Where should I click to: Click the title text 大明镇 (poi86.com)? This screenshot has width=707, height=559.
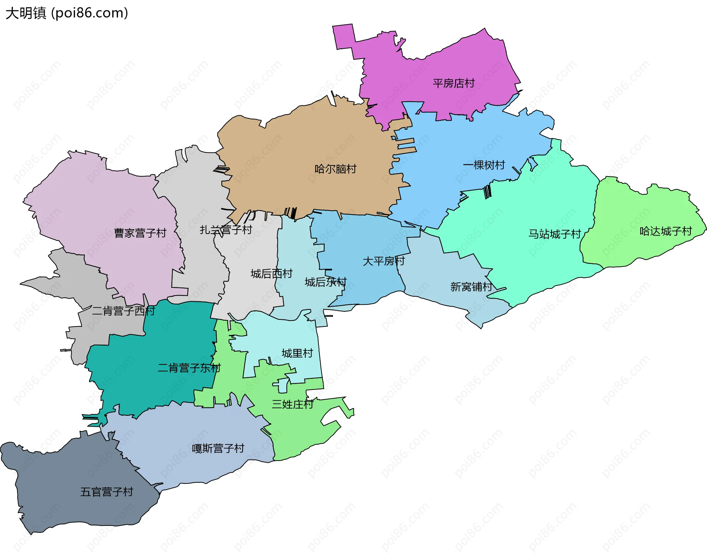[x=67, y=13]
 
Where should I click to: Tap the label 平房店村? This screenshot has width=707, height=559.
[x=454, y=83]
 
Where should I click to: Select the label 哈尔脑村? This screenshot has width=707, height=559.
[x=335, y=169]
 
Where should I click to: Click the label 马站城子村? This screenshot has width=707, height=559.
[x=555, y=234]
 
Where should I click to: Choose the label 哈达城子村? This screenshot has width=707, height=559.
[x=666, y=231]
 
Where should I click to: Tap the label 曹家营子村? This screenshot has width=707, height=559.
[x=140, y=233]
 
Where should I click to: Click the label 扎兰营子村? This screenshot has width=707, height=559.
[x=226, y=230]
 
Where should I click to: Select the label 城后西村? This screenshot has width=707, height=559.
[x=271, y=273]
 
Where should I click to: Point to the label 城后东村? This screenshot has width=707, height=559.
[x=326, y=282]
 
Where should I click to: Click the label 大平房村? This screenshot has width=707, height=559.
[x=384, y=261]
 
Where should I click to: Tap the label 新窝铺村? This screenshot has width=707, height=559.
[x=471, y=286]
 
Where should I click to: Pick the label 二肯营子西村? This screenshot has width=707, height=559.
[x=123, y=311]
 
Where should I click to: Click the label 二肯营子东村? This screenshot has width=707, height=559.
[x=189, y=367]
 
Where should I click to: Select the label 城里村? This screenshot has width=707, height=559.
[x=297, y=353]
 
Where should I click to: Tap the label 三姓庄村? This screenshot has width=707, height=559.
[x=292, y=404]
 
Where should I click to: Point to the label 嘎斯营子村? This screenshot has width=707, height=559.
[x=218, y=448]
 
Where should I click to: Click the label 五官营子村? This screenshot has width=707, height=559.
[x=107, y=492]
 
